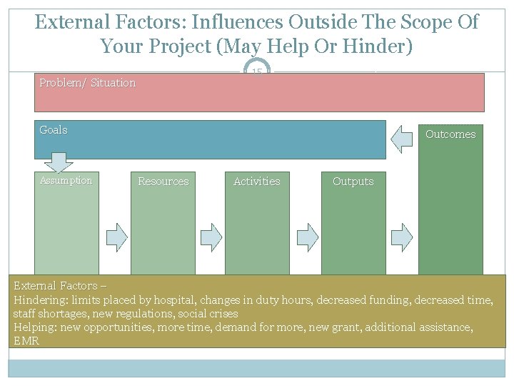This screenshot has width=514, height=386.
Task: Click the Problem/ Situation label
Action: (88, 83)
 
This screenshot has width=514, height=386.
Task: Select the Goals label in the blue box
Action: (54, 130)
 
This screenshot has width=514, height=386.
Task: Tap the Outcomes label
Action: (450, 134)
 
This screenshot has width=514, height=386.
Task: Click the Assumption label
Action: (66, 181)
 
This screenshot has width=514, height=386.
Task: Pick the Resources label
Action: (163, 182)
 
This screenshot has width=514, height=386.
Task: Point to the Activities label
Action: (257, 182)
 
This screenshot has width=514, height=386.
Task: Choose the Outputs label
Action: (353, 182)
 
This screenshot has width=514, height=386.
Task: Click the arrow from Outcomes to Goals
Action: (401, 139)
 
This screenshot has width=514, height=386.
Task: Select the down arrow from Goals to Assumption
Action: (59, 162)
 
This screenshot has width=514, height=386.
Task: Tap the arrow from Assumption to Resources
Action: (117, 237)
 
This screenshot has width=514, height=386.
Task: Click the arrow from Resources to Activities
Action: (211, 237)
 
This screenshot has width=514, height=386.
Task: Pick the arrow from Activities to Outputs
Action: (308, 237)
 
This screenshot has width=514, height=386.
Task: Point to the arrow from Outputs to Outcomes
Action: (402, 237)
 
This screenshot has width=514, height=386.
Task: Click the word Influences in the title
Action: (237, 22)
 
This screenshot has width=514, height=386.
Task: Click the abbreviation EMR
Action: (26, 341)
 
